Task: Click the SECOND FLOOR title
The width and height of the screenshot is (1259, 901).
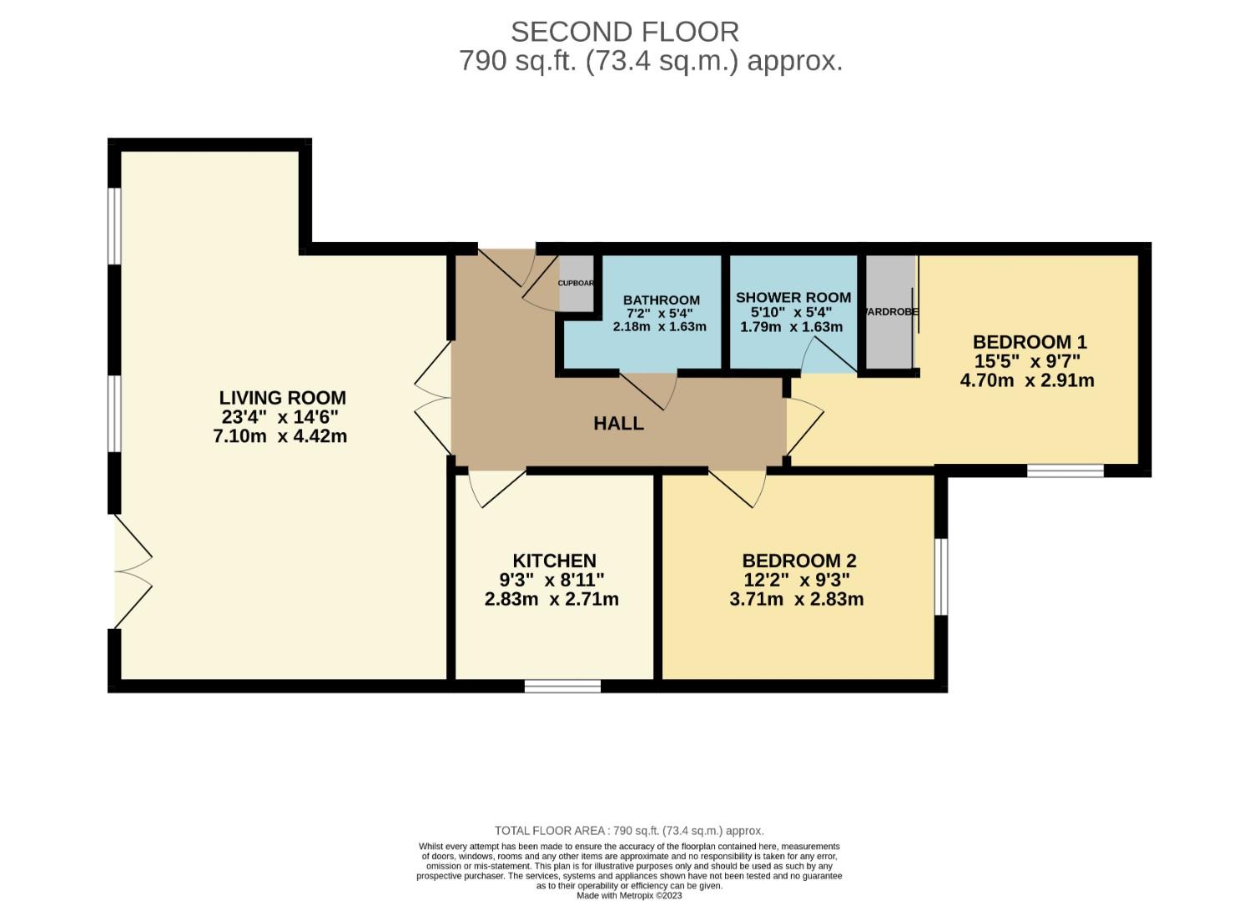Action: click(624, 32)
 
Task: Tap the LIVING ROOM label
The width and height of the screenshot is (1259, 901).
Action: click(282, 398)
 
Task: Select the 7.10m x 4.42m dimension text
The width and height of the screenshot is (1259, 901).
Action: click(280, 436)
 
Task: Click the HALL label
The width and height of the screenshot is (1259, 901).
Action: click(618, 424)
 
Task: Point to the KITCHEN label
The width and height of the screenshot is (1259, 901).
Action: click(554, 561)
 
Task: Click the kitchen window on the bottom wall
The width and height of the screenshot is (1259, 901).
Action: click(562, 686)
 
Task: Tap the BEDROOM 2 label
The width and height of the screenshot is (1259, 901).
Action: click(799, 561)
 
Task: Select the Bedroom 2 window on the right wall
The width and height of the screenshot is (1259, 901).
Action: click(941, 576)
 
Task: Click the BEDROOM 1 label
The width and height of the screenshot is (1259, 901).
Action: click(1030, 342)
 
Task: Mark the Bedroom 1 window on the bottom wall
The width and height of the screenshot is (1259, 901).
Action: click(1065, 471)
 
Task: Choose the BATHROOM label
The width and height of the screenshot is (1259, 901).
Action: click(661, 300)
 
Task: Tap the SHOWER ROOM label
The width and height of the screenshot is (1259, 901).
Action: click(793, 298)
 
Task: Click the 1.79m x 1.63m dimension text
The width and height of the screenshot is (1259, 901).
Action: click(791, 327)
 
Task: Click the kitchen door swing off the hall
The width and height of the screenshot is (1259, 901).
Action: click(497, 488)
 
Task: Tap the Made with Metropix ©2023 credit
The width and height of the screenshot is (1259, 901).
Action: click(630, 895)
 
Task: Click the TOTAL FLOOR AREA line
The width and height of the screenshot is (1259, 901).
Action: click(629, 831)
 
